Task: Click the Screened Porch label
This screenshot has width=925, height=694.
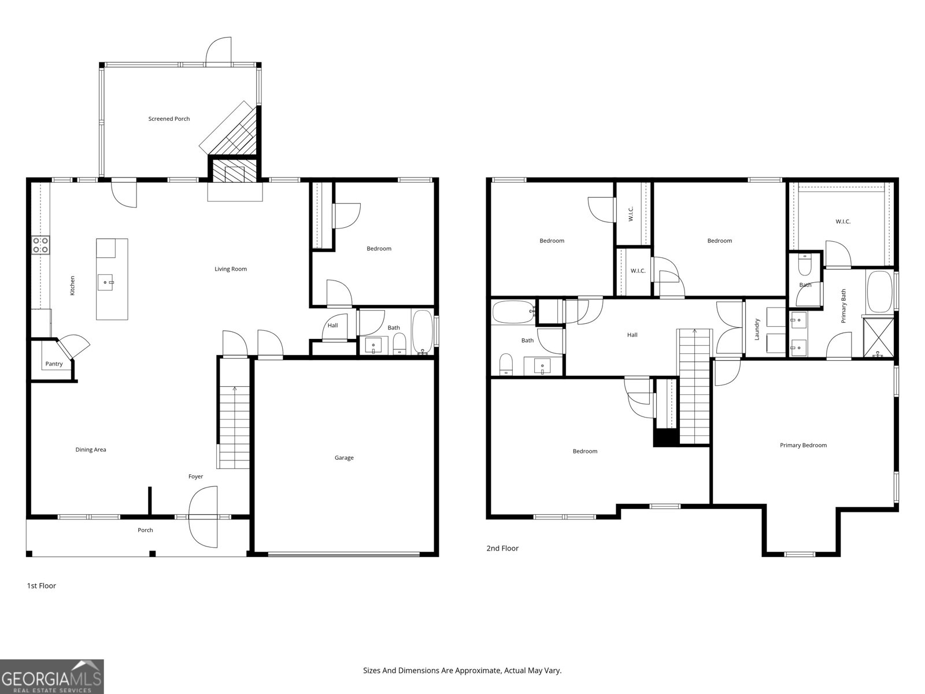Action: click(169, 119)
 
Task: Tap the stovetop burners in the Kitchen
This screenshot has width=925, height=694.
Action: click(40, 245)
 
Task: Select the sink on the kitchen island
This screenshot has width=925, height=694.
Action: click(105, 282)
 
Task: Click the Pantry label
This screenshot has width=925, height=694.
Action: click(54, 364)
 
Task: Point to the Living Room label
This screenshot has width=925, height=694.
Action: click(231, 269)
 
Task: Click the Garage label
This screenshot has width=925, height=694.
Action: click(344, 457)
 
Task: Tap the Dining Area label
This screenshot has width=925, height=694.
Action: click(91, 449)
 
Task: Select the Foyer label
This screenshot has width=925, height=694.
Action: click(195, 477)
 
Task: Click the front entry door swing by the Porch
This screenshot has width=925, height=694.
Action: click(203, 517)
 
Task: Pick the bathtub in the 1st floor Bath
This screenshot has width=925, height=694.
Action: click(422, 331)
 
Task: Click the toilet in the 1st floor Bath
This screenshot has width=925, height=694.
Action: click(399, 344)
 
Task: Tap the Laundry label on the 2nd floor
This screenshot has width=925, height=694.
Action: click(757, 330)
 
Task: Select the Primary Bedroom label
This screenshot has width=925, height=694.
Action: click(803, 445)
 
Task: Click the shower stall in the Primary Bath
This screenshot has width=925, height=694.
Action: click(878, 338)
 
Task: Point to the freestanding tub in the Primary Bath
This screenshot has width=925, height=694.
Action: click(879, 291)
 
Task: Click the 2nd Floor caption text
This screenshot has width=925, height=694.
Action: click(502, 548)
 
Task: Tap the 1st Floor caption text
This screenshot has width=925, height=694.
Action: click(41, 586)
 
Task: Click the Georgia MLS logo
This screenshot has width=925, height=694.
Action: click(52, 677)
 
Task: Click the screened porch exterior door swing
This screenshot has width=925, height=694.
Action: click(219, 51)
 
